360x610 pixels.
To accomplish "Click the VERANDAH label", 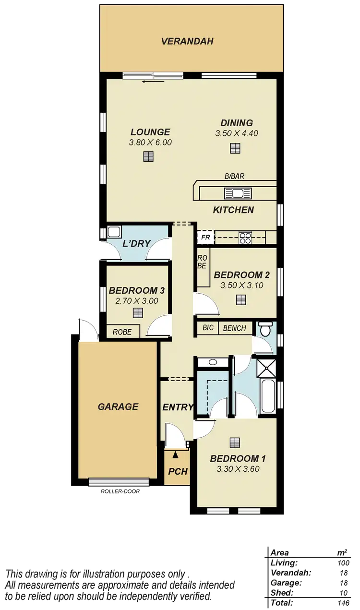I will (x=187, y=41).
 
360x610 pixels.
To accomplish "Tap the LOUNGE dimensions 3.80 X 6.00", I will (x=150, y=142).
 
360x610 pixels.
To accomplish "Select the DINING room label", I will (x=237, y=123).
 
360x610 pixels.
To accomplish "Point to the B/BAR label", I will (x=235, y=176).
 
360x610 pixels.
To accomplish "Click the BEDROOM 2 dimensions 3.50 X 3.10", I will (x=242, y=285).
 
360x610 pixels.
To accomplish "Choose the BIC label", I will (x=208, y=328).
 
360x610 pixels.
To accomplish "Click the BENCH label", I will (x=235, y=328).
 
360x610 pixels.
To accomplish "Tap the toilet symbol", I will (x=265, y=330).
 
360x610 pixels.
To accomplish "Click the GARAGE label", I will (x=118, y=407).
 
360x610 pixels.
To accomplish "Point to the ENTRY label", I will (x=178, y=407).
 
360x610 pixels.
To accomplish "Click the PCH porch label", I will (x=177, y=471).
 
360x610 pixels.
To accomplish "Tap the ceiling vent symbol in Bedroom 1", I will (x=234, y=442).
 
